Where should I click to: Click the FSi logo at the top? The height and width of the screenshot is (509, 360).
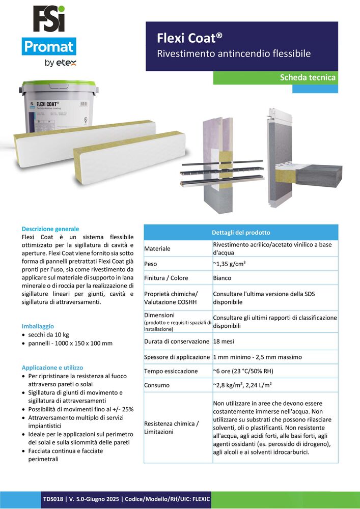[x=49, y=19]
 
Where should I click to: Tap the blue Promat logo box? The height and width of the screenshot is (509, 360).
[x=49, y=47]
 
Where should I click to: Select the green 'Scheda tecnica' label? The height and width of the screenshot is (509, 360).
[x=308, y=77]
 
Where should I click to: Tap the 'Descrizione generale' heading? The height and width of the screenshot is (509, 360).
[x=50, y=229]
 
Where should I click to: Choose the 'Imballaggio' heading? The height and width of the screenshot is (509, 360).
[x=38, y=326]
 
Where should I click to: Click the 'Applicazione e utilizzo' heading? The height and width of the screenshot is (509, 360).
[x=52, y=367]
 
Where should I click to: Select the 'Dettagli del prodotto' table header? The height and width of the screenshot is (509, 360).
[x=241, y=233]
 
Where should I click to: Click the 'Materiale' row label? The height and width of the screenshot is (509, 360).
[x=157, y=249]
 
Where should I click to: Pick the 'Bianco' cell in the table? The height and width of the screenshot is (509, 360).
[x=222, y=278]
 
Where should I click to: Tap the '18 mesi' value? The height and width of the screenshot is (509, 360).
[x=224, y=341]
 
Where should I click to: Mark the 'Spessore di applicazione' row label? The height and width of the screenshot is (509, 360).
[x=177, y=357]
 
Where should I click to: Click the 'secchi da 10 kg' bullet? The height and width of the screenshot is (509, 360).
[x=53, y=334]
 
